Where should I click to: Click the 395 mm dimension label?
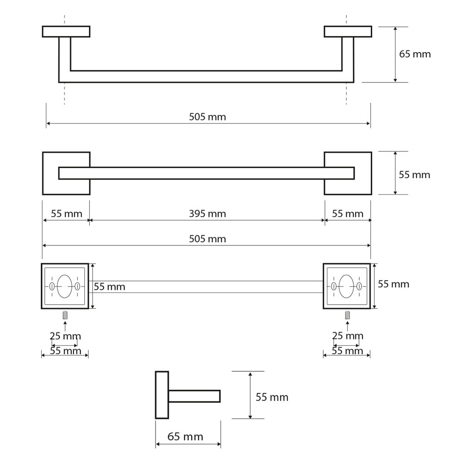coord(207,213)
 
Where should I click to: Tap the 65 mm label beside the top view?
coord(415,54)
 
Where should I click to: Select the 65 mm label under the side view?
coord(185,437)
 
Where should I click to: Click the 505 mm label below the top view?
coord(207,117)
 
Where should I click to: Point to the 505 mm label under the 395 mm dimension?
coord(207,238)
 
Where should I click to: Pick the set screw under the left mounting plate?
coord(65,315)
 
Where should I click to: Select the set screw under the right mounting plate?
coord(348,315)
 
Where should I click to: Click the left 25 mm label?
coord(65,336)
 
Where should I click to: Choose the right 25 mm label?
coord(348,336)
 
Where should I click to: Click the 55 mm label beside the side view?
coord(272,397)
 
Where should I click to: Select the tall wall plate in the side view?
coord(162,395)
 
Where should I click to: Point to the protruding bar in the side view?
coord(194,396)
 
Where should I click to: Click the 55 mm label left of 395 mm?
coord(66,213)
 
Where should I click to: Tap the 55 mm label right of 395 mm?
coord(348,213)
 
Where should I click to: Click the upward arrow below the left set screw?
coord(65,326)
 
